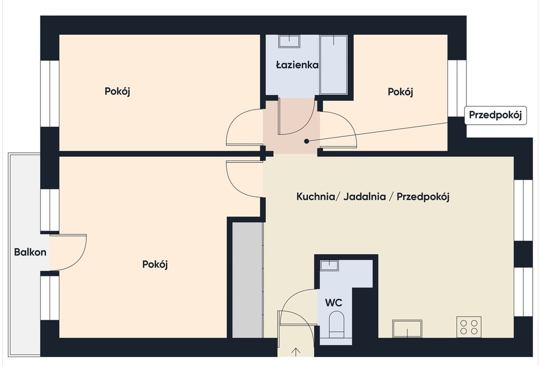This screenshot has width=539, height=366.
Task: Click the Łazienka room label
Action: (x=297, y=65)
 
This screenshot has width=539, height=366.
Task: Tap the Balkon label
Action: (x=30, y=252)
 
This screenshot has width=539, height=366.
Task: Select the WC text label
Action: (x=333, y=303)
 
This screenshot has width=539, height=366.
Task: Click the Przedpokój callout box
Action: (x=495, y=115)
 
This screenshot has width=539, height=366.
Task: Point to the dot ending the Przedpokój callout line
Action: (x=307, y=141)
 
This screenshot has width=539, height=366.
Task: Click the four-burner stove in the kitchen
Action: (x=469, y=327)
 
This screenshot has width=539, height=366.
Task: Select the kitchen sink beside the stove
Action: (x=407, y=329)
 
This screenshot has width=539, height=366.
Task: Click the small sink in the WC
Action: (x=330, y=265)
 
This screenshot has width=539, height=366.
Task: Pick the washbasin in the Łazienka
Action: (x=289, y=41)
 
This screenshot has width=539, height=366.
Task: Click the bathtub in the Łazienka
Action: (x=333, y=64)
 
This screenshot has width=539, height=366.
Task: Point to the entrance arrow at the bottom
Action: (x=296, y=352)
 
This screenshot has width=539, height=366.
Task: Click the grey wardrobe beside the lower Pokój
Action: (x=247, y=280)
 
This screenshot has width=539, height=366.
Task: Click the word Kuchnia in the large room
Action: (x=316, y=197)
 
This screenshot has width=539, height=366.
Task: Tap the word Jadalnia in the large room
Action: (x=364, y=197)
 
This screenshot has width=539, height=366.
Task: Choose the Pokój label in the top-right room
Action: (x=401, y=92)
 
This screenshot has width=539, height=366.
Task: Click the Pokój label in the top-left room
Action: (x=117, y=92)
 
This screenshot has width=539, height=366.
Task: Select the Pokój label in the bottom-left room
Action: (x=155, y=264)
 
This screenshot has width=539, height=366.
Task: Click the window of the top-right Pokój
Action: (x=457, y=88)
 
